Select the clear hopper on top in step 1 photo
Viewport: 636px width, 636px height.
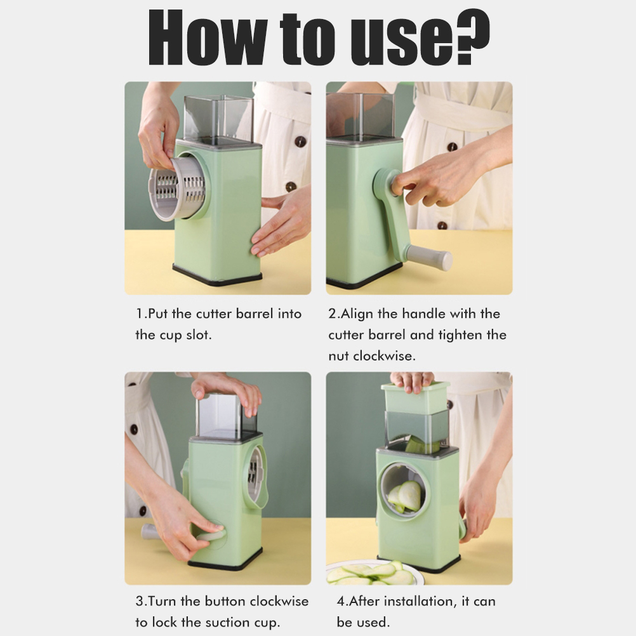pyautogui.click(x=219, y=120)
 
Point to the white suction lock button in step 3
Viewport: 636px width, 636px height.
pyautogui.click(x=210, y=534)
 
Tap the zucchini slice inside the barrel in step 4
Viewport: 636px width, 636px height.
pyautogui.click(x=406, y=496)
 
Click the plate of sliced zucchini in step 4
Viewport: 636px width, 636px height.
pyautogui.click(x=370, y=573)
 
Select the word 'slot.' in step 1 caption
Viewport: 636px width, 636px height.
pyautogui.click(x=199, y=335)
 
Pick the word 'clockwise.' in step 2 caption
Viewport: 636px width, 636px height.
pyautogui.click(x=384, y=356)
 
